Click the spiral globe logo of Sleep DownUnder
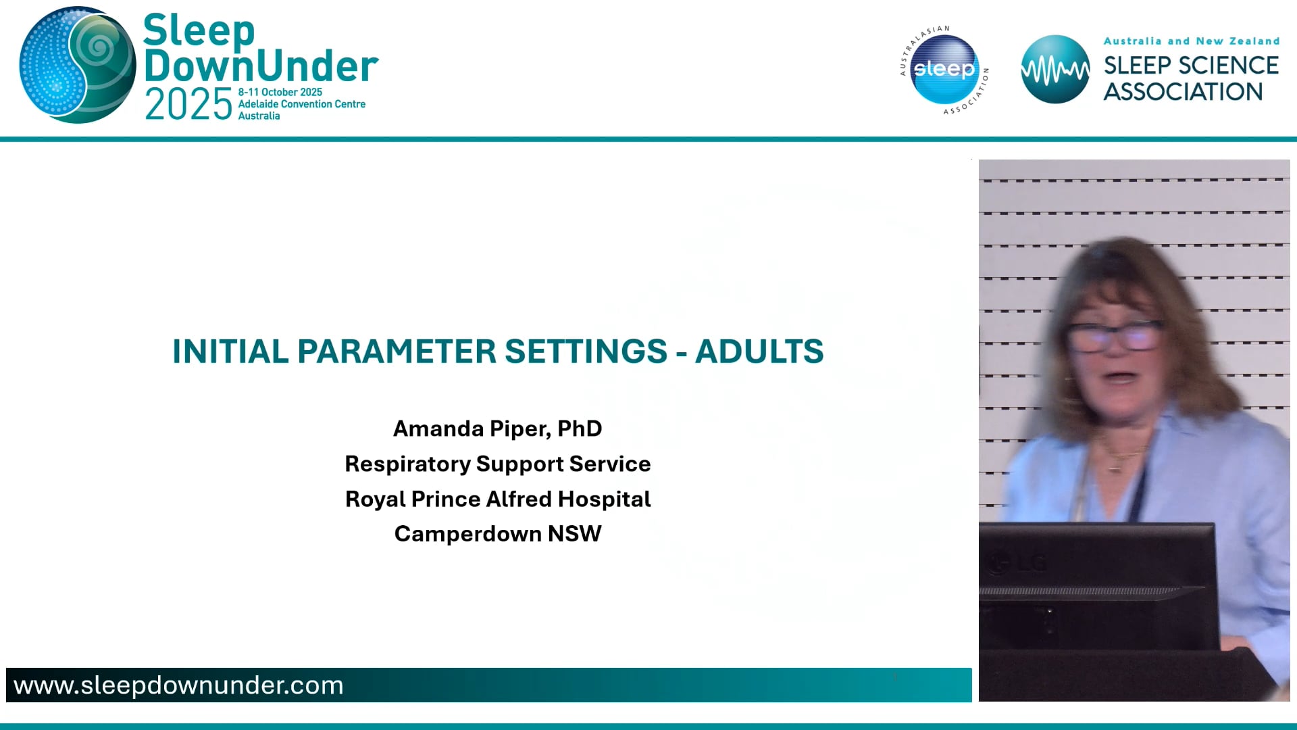tap(78, 65)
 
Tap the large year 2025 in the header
tap(188, 105)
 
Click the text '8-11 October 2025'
tap(280, 92)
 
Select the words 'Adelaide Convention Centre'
tap(301, 104)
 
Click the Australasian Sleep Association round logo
tap(944, 69)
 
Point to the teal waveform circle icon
tap(1054, 69)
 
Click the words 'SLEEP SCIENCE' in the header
tap(1190, 66)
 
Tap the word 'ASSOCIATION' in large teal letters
tap(1183, 92)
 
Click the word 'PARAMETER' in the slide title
tap(397, 351)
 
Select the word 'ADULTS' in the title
tap(759, 351)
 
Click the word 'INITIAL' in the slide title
tap(230, 351)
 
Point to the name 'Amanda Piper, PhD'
tap(497, 429)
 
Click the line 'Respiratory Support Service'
tap(497, 464)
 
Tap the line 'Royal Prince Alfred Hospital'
tap(497, 499)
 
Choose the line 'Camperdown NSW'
tap(497, 534)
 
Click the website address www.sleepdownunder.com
tap(178, 685)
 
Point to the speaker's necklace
tap(1118, 460)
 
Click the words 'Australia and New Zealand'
tap(1191, 41)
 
